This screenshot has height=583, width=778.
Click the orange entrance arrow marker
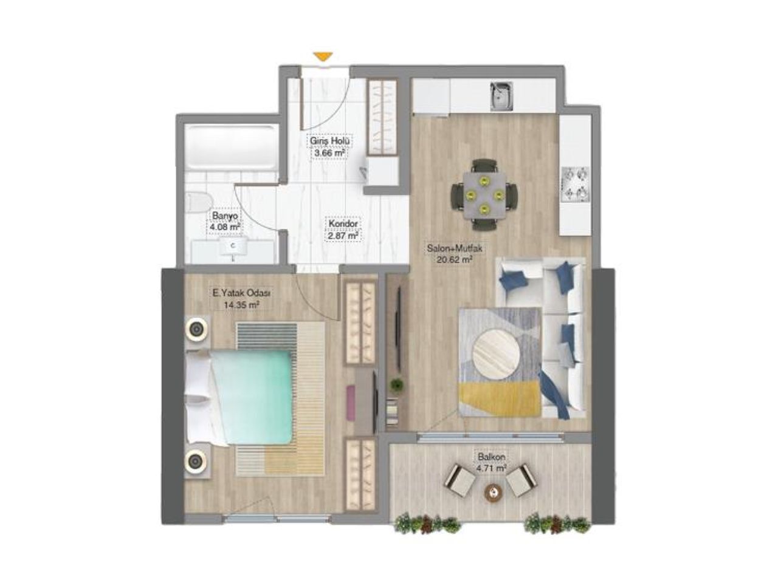pos(324,56)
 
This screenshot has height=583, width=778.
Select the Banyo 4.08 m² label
pos(224,222)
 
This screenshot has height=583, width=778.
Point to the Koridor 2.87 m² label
pos(343,228)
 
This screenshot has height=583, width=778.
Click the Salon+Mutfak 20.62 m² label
pos(455,254)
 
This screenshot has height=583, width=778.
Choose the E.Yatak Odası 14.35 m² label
pos(241,299)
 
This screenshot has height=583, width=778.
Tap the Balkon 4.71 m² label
pos(492,463)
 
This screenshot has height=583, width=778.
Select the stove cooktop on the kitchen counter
pos(575,184)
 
